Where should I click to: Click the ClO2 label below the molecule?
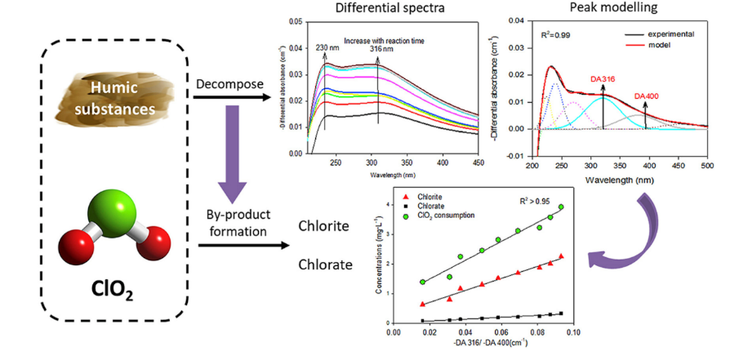tap(117, 291)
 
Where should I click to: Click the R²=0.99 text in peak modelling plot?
tap(558, 36)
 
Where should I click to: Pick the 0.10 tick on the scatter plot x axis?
tap(573, 333)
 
